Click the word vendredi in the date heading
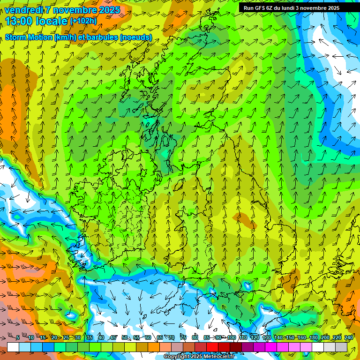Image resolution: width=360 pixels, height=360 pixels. click(x=22, y=9)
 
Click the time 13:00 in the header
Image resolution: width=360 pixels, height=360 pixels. click(x=20, y=21)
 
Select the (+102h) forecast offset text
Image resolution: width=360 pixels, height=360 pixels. click(x=83, y=21)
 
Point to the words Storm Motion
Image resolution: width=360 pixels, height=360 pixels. click(x=28, y=37)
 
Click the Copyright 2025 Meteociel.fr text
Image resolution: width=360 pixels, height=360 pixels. click(x=199, y=357)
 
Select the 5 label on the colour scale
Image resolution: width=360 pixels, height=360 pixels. click(x=17, y=337)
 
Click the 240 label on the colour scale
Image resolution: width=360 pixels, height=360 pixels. click(x=348, y=337)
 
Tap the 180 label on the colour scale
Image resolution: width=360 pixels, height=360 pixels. click(x=313, y=337)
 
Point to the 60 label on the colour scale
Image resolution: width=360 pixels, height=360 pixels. click(x=148, y=337)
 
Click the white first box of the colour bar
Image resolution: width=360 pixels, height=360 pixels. click(x=13, y=347)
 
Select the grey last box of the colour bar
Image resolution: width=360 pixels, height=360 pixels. click(x=341, y=347)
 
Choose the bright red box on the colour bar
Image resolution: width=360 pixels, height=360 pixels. click(x=212, y=347)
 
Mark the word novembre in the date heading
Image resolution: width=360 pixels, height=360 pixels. click(x=72, y=9)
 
